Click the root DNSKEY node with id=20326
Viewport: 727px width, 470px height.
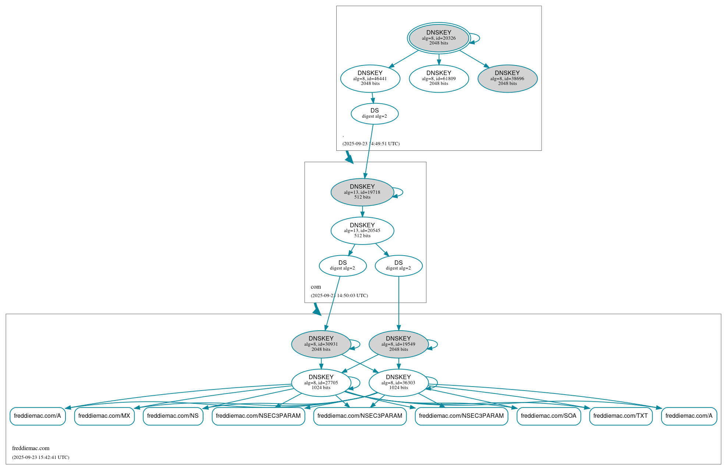click(439, 38)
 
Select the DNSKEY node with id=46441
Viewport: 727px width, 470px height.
click(370, 78)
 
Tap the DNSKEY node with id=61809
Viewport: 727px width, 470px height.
click(439, 78)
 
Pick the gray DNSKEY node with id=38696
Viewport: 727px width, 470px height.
click(507, 78)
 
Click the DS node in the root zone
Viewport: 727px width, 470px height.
click(375, 113)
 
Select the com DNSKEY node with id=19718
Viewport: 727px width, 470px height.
click(362, 192)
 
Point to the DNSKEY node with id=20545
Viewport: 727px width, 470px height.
click(362, 231)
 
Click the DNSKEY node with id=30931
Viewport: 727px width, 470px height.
click(321, 344)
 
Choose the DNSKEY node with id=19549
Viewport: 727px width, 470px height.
click(398, 344)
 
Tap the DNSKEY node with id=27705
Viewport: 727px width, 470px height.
click(321, 382)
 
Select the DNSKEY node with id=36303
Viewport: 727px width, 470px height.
click(398, 382)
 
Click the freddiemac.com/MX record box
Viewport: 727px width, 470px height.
click(104, 416)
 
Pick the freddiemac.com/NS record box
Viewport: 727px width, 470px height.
click(173, 416)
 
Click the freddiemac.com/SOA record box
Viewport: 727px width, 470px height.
click(549, 416)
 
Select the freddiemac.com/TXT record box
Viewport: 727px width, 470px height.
click(621, 416)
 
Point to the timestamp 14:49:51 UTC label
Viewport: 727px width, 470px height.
click(371, 144)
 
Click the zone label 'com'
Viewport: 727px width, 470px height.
click(316, 287)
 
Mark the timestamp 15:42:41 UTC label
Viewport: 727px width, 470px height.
click(40, 457)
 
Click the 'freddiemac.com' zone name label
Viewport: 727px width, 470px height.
click(31, 448)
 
